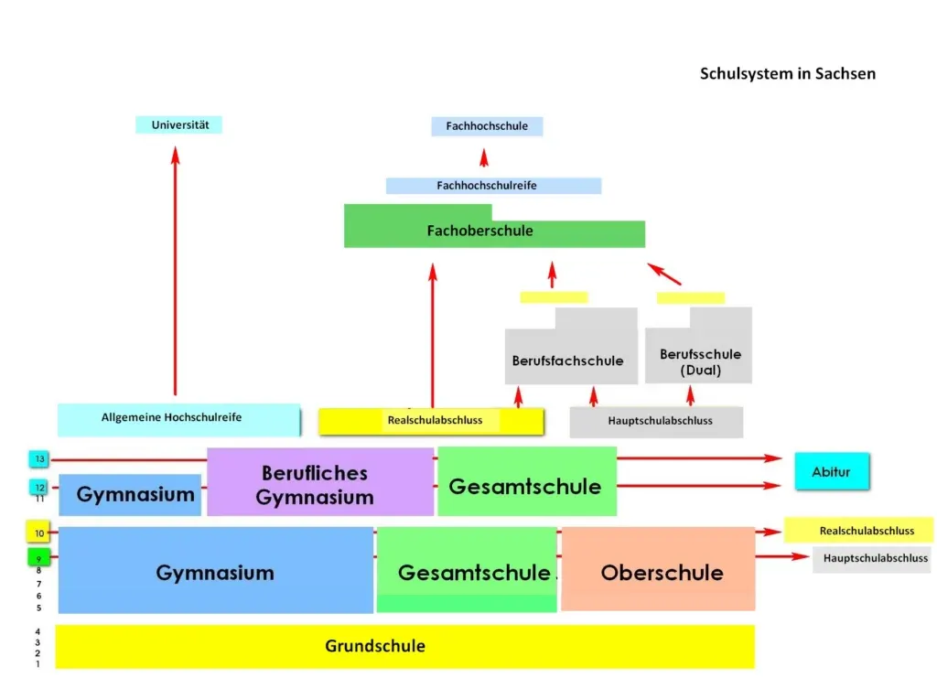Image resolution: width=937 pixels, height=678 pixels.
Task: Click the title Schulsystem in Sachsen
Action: click(x=787, y=73)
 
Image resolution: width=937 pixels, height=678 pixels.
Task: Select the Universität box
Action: click(x=179, y=124)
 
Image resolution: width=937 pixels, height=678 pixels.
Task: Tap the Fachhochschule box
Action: click(x=487, y=126)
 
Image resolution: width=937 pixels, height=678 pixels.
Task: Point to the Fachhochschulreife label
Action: click(x=493, y=186)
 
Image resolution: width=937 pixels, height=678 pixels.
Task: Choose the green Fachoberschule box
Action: click(x=494, y=231)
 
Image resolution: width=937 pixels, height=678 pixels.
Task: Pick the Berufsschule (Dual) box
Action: click(x=699, y=357)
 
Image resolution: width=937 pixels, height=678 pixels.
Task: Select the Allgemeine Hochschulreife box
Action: click(x=178, y=419)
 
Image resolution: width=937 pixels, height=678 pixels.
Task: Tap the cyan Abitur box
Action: click(x=831, y=472)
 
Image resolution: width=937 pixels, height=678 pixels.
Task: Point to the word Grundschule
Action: click(x=375, y=646)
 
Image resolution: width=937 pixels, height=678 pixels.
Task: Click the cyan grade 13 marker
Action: click(x=39, y=458)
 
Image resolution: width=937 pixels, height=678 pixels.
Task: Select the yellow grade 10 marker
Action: click(x=38, y=533)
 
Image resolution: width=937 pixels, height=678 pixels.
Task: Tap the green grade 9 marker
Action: click(x=38, y=557)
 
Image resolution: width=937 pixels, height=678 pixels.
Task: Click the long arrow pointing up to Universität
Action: click(x=175, y=274)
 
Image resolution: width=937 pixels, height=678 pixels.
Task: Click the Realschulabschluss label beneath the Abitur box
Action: click(x=858, y=531)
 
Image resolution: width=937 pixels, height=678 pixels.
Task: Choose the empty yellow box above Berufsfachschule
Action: click(x=554, y=297)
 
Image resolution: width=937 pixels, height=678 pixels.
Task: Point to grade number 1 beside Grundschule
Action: click(x=38, y=664)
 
